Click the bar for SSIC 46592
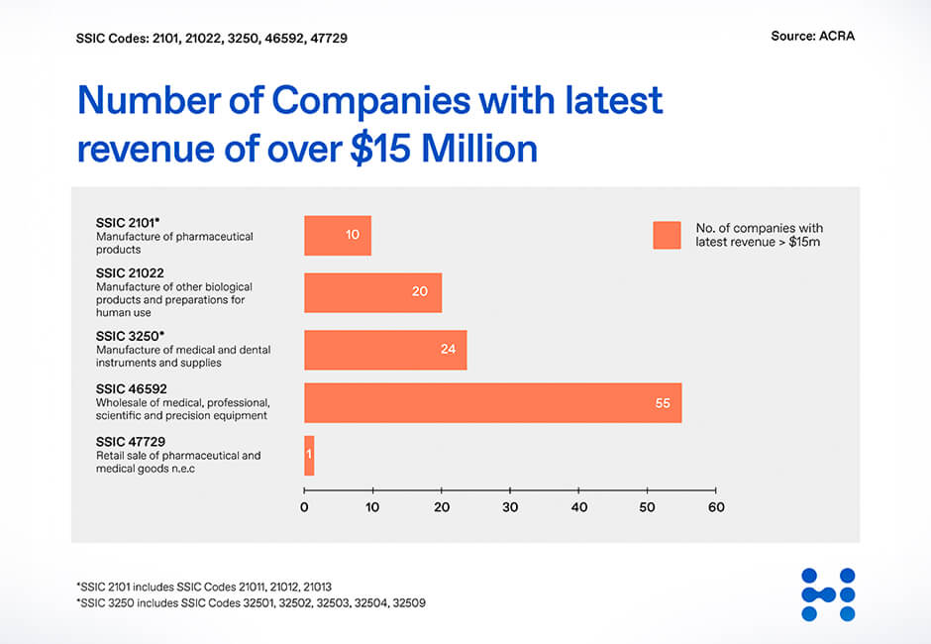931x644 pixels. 492,402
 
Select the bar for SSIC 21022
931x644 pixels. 372,292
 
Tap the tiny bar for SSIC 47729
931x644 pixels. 309,455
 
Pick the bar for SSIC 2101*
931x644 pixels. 337,235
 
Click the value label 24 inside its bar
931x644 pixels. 449,350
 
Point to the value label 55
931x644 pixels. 663,403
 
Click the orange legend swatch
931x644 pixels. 667,235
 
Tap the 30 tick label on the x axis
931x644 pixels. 510,507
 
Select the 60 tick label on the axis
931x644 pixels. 715,507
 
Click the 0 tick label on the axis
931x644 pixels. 304,507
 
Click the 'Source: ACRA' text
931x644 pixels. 812,37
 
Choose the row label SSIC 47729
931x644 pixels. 130,442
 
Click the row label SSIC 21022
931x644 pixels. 130,272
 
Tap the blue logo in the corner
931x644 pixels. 828,594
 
